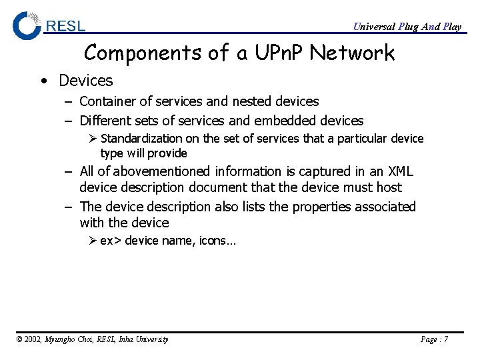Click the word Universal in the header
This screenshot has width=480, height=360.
373,27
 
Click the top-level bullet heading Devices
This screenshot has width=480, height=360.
86,81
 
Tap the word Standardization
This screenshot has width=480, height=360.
141,139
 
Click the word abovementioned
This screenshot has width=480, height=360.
164,171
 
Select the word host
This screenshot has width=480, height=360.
388,188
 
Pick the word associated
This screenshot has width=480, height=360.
386,207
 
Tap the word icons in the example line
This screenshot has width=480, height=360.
213,241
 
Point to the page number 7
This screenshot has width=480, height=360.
445,339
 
